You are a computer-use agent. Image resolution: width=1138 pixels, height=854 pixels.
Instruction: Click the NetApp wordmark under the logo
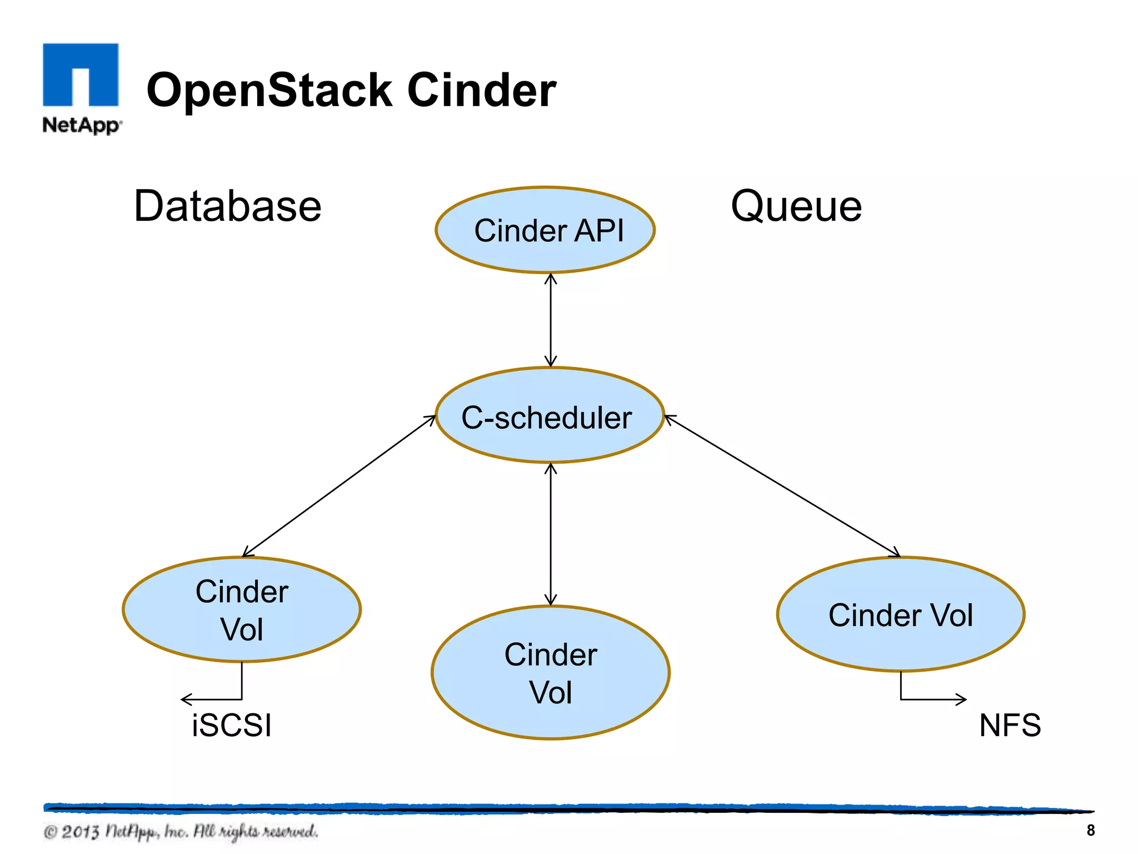(81, 125)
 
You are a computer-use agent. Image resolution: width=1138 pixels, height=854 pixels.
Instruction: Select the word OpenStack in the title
(269, 91)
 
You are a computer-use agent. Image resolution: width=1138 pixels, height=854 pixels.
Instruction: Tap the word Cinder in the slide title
(481, 91)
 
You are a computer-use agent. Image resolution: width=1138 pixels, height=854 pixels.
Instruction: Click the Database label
(228, 206)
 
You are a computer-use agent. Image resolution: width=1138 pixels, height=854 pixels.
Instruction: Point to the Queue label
(796, 206)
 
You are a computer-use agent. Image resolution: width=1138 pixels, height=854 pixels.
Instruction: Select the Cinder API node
(545, 230)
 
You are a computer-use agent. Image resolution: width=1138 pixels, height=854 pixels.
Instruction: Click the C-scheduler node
(549, 415)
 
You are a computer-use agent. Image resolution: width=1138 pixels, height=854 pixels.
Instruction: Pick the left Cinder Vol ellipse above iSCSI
(242, 609)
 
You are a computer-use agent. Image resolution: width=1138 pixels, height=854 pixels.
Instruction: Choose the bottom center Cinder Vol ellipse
(551, 673)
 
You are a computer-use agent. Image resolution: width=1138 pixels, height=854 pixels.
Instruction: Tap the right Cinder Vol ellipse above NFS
(900, 614)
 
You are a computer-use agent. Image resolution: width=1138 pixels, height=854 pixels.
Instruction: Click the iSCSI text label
(232, 726)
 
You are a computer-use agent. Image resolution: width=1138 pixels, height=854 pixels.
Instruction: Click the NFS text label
(1010, 726)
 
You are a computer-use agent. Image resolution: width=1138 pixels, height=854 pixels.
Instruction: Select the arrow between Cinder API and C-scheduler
(551, 320)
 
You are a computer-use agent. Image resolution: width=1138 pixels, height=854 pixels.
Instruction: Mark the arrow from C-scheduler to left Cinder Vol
(339, 485)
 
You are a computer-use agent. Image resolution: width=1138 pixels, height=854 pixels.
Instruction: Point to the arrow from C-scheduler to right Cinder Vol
(782, 485)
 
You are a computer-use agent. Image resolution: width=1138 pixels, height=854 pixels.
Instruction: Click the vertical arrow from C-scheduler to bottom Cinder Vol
(551, 534)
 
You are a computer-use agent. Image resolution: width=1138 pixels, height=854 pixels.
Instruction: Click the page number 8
(1090, 830)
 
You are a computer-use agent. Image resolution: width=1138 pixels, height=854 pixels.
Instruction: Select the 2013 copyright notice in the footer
(181, 832)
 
